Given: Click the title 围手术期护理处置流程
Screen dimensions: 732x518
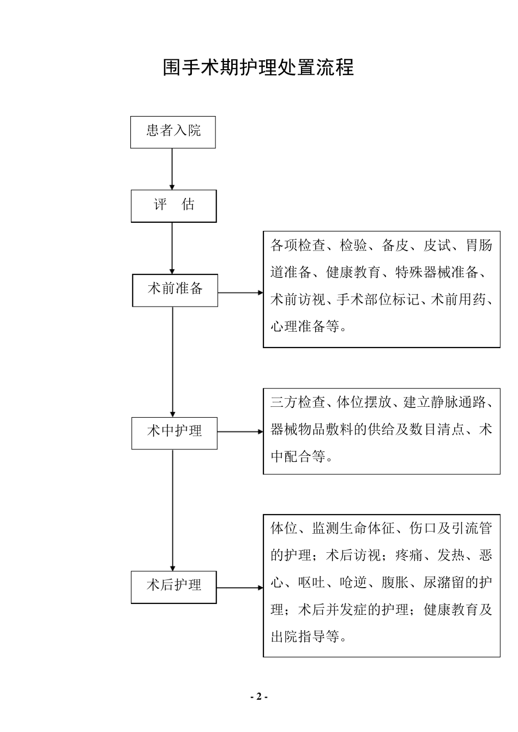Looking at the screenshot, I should pyautogui.click(x=258, y=68).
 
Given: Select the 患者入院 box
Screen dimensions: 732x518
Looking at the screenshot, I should pyautogui.click(x=173, y=132).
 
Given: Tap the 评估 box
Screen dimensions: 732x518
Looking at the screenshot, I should pyautogui.click(x=173, y=206).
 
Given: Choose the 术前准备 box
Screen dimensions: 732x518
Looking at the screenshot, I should pyautogui.click(x=175, y=290).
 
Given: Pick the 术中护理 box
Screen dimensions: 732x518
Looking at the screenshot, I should pyautogui.click(x=174, y=433).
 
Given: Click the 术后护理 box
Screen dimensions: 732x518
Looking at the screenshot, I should pyautogui.click(x=173, y=587).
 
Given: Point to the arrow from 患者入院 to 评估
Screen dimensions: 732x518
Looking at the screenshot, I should pyautogui.click(x=172, y=169).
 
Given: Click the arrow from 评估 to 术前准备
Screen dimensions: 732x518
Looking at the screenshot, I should pyautogui.click(x=172, y=248).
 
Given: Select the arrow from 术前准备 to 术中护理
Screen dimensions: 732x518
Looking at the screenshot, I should pyautogui.click(x=173, y=362).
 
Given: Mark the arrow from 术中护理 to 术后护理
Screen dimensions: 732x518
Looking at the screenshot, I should pyautogui.click(x=173, y=510).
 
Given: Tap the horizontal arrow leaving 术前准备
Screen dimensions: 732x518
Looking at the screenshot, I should pyautogui.click(x=240, y=292).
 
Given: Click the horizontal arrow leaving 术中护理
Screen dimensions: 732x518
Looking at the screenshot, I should pyautogui.click(x=240, y=432).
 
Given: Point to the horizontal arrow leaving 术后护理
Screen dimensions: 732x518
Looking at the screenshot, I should pyautogui.click(x=240, y=588).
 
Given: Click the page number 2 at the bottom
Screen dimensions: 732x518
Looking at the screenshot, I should pyautogui.click(x=259, y=696).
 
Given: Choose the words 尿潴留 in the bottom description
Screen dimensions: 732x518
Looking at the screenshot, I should pyautogui.click(x=444, y=582).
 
